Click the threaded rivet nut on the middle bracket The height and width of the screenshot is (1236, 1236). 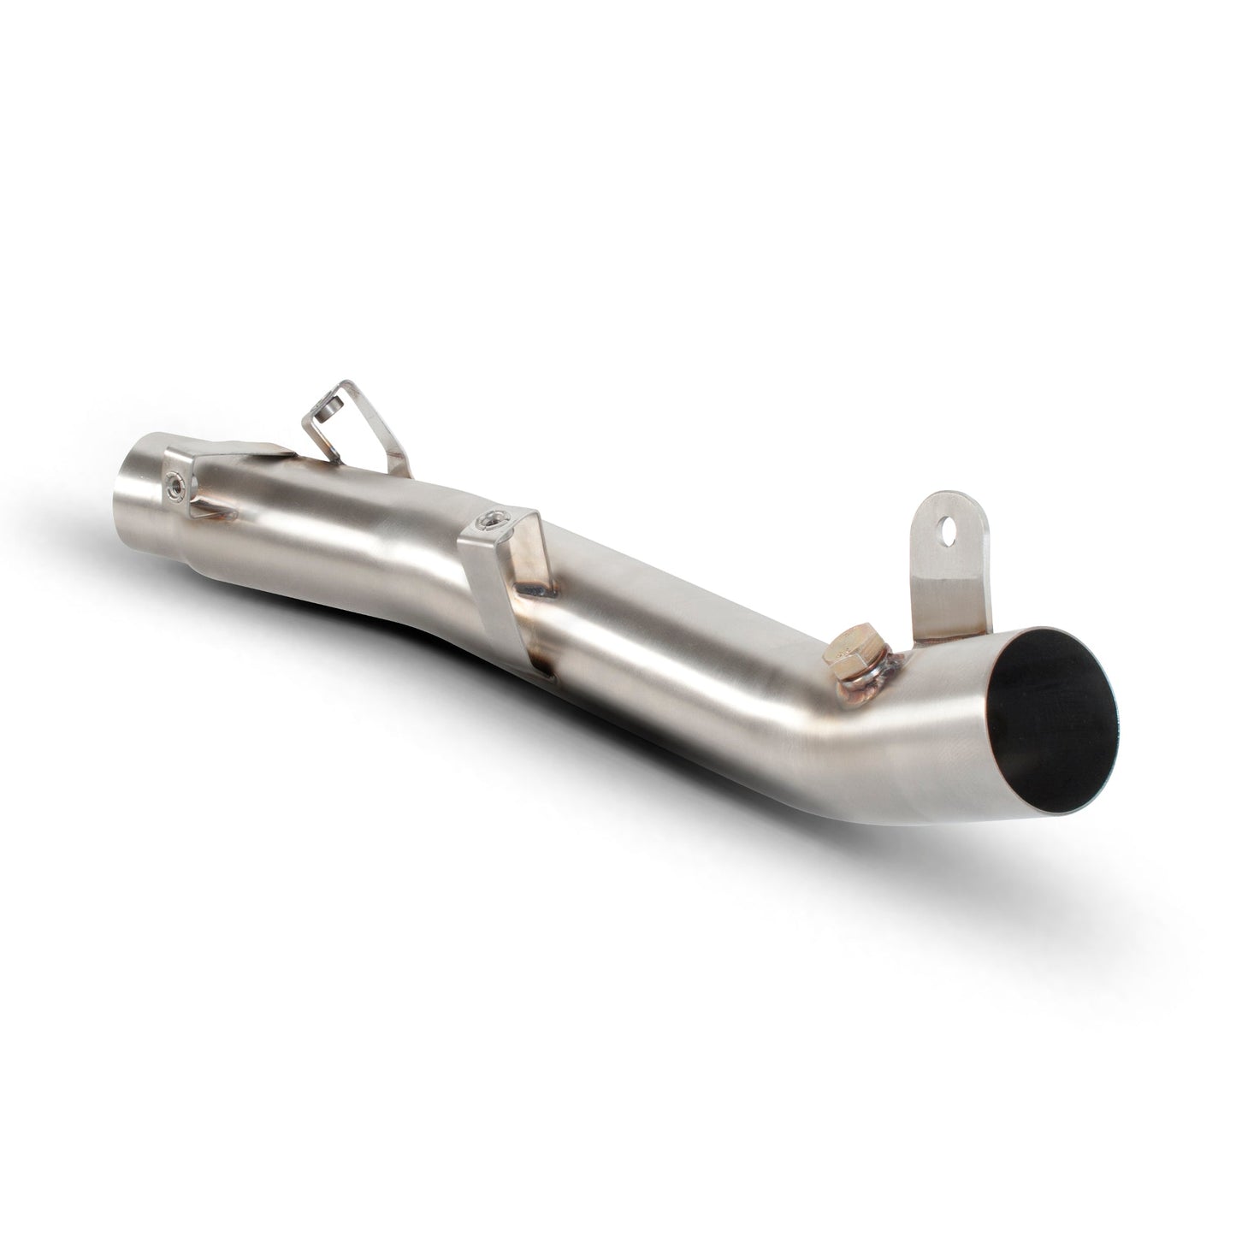click(492, 518)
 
